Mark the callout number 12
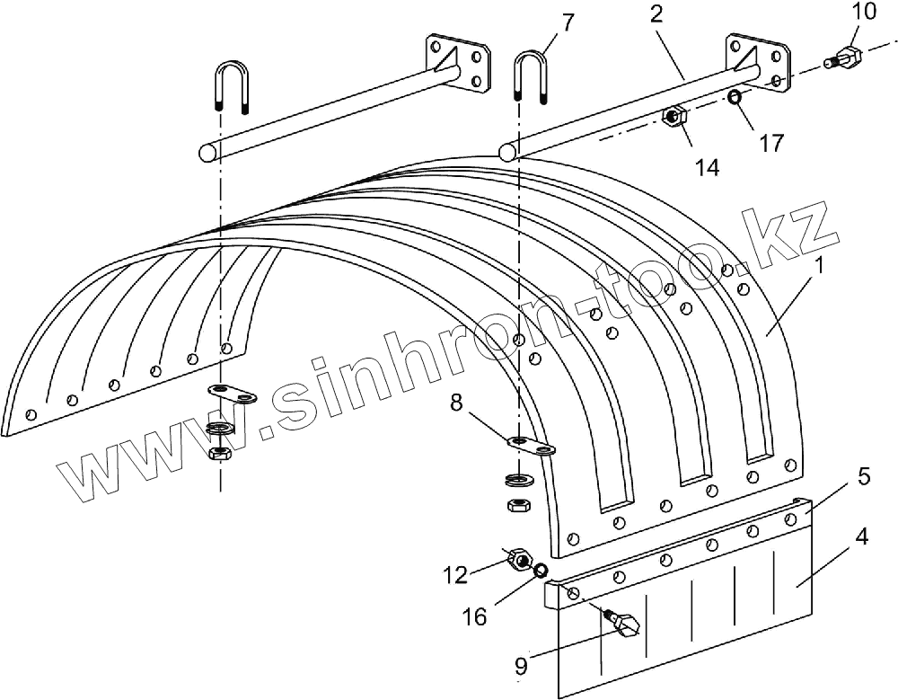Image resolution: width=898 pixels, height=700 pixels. tap(456, 574)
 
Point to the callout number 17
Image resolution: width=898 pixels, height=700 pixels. tap(770, 142)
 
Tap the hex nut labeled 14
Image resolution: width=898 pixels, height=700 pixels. tap(673, 117)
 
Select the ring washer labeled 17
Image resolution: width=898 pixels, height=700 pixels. tap(735, 96)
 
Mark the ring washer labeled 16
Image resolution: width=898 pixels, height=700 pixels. tap(541, 572)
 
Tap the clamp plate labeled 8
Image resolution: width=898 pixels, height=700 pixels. tap(530, 444)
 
